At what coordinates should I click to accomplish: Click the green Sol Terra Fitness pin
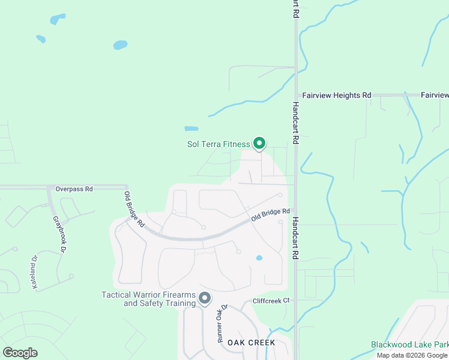(259, 143)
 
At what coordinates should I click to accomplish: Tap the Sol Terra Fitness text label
(217, 144)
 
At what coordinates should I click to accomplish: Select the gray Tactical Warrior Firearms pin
(205, 298)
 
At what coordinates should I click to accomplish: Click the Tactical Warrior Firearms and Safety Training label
(149, 299)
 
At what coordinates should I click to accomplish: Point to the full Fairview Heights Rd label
(337, 95)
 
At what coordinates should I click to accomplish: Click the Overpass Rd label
(74, 188)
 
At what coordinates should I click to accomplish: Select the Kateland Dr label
(34, 272)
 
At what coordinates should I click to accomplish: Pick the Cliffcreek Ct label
(271, 300)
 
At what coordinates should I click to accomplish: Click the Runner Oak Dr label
(221, 323)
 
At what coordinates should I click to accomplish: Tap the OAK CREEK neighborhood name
(251, 343)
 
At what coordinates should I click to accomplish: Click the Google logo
(20, 352)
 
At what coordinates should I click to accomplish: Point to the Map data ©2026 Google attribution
(412, 355)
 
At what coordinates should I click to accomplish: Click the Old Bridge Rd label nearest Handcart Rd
(271, 215)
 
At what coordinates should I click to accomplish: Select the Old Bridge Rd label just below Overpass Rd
(134, 208)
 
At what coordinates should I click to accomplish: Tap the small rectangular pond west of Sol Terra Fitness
(191, 128)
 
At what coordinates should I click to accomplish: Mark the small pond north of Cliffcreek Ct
(259, 258)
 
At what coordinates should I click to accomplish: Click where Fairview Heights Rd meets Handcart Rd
(296, 95)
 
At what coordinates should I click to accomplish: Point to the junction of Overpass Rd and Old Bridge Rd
(127, 187)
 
